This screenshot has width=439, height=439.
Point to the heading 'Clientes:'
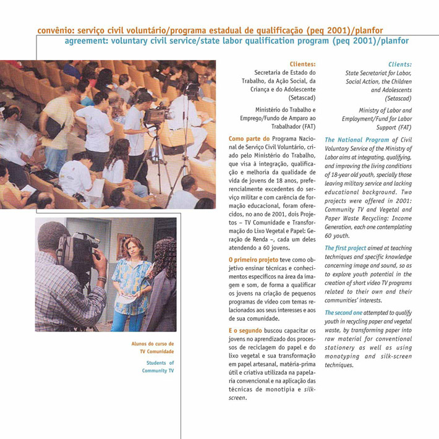[302, 63]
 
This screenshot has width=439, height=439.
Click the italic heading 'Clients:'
[399, 63]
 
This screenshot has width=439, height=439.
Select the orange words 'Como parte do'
[249, 139]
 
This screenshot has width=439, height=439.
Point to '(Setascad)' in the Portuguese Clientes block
[302, 98]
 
